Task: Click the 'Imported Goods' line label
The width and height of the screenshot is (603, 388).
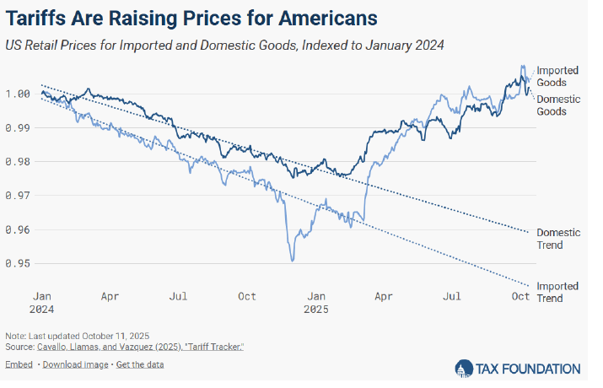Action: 557,76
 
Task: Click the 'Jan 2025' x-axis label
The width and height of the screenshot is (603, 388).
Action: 315,303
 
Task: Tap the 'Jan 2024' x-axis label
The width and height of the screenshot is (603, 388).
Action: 44,303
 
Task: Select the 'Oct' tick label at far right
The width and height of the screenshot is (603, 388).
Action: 521,297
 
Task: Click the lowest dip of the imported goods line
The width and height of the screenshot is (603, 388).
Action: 293,261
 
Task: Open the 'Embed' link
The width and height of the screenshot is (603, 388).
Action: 19,364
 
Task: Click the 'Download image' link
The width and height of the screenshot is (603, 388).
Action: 75,364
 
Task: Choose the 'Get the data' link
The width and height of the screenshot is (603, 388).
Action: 140,364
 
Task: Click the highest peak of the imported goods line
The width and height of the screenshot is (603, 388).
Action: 523,66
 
